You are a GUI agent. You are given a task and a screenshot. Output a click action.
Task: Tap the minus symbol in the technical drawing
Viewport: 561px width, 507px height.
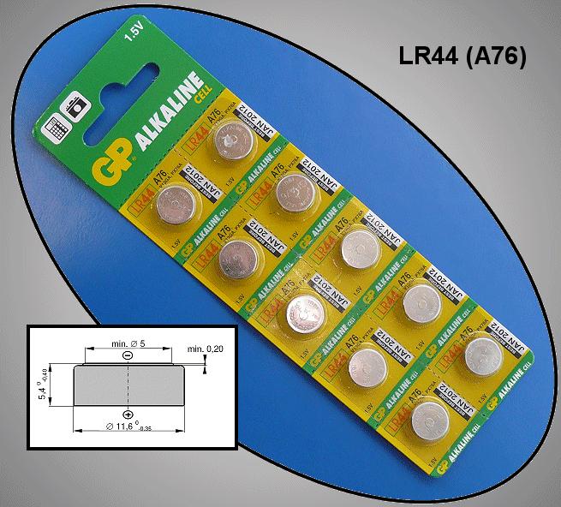tap(127, 355)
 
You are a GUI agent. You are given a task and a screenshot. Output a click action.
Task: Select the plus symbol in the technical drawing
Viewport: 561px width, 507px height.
tap(127, 412)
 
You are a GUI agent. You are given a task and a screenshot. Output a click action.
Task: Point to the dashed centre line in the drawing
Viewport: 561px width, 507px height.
tap(127, 382)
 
